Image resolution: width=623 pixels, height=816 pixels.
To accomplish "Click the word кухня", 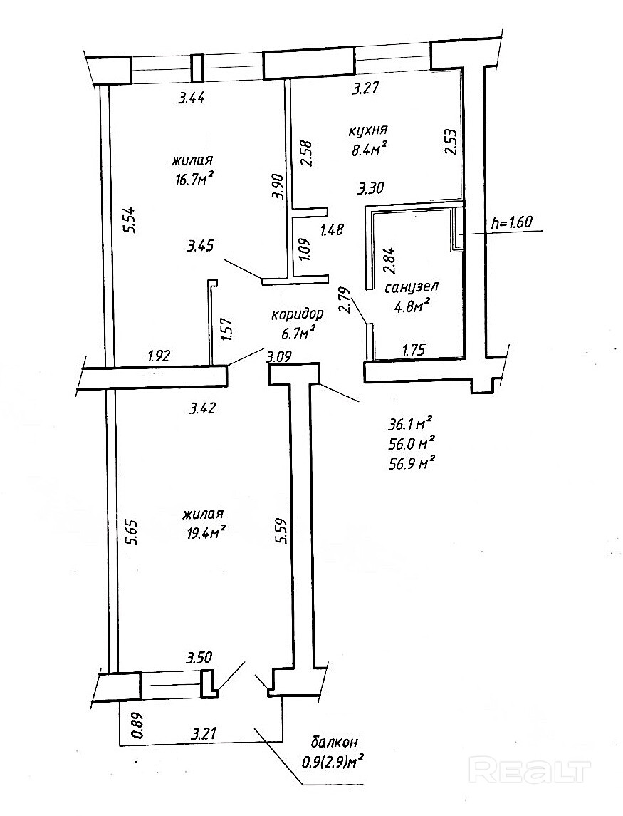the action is pos(367,130).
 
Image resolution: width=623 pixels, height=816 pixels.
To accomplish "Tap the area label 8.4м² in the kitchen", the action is pos(368,148).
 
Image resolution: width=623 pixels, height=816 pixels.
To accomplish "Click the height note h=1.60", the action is pos(513,222).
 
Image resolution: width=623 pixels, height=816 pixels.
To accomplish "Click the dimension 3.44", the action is pos(192,99).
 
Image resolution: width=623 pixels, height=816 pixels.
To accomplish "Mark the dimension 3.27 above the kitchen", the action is pos(370,90).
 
